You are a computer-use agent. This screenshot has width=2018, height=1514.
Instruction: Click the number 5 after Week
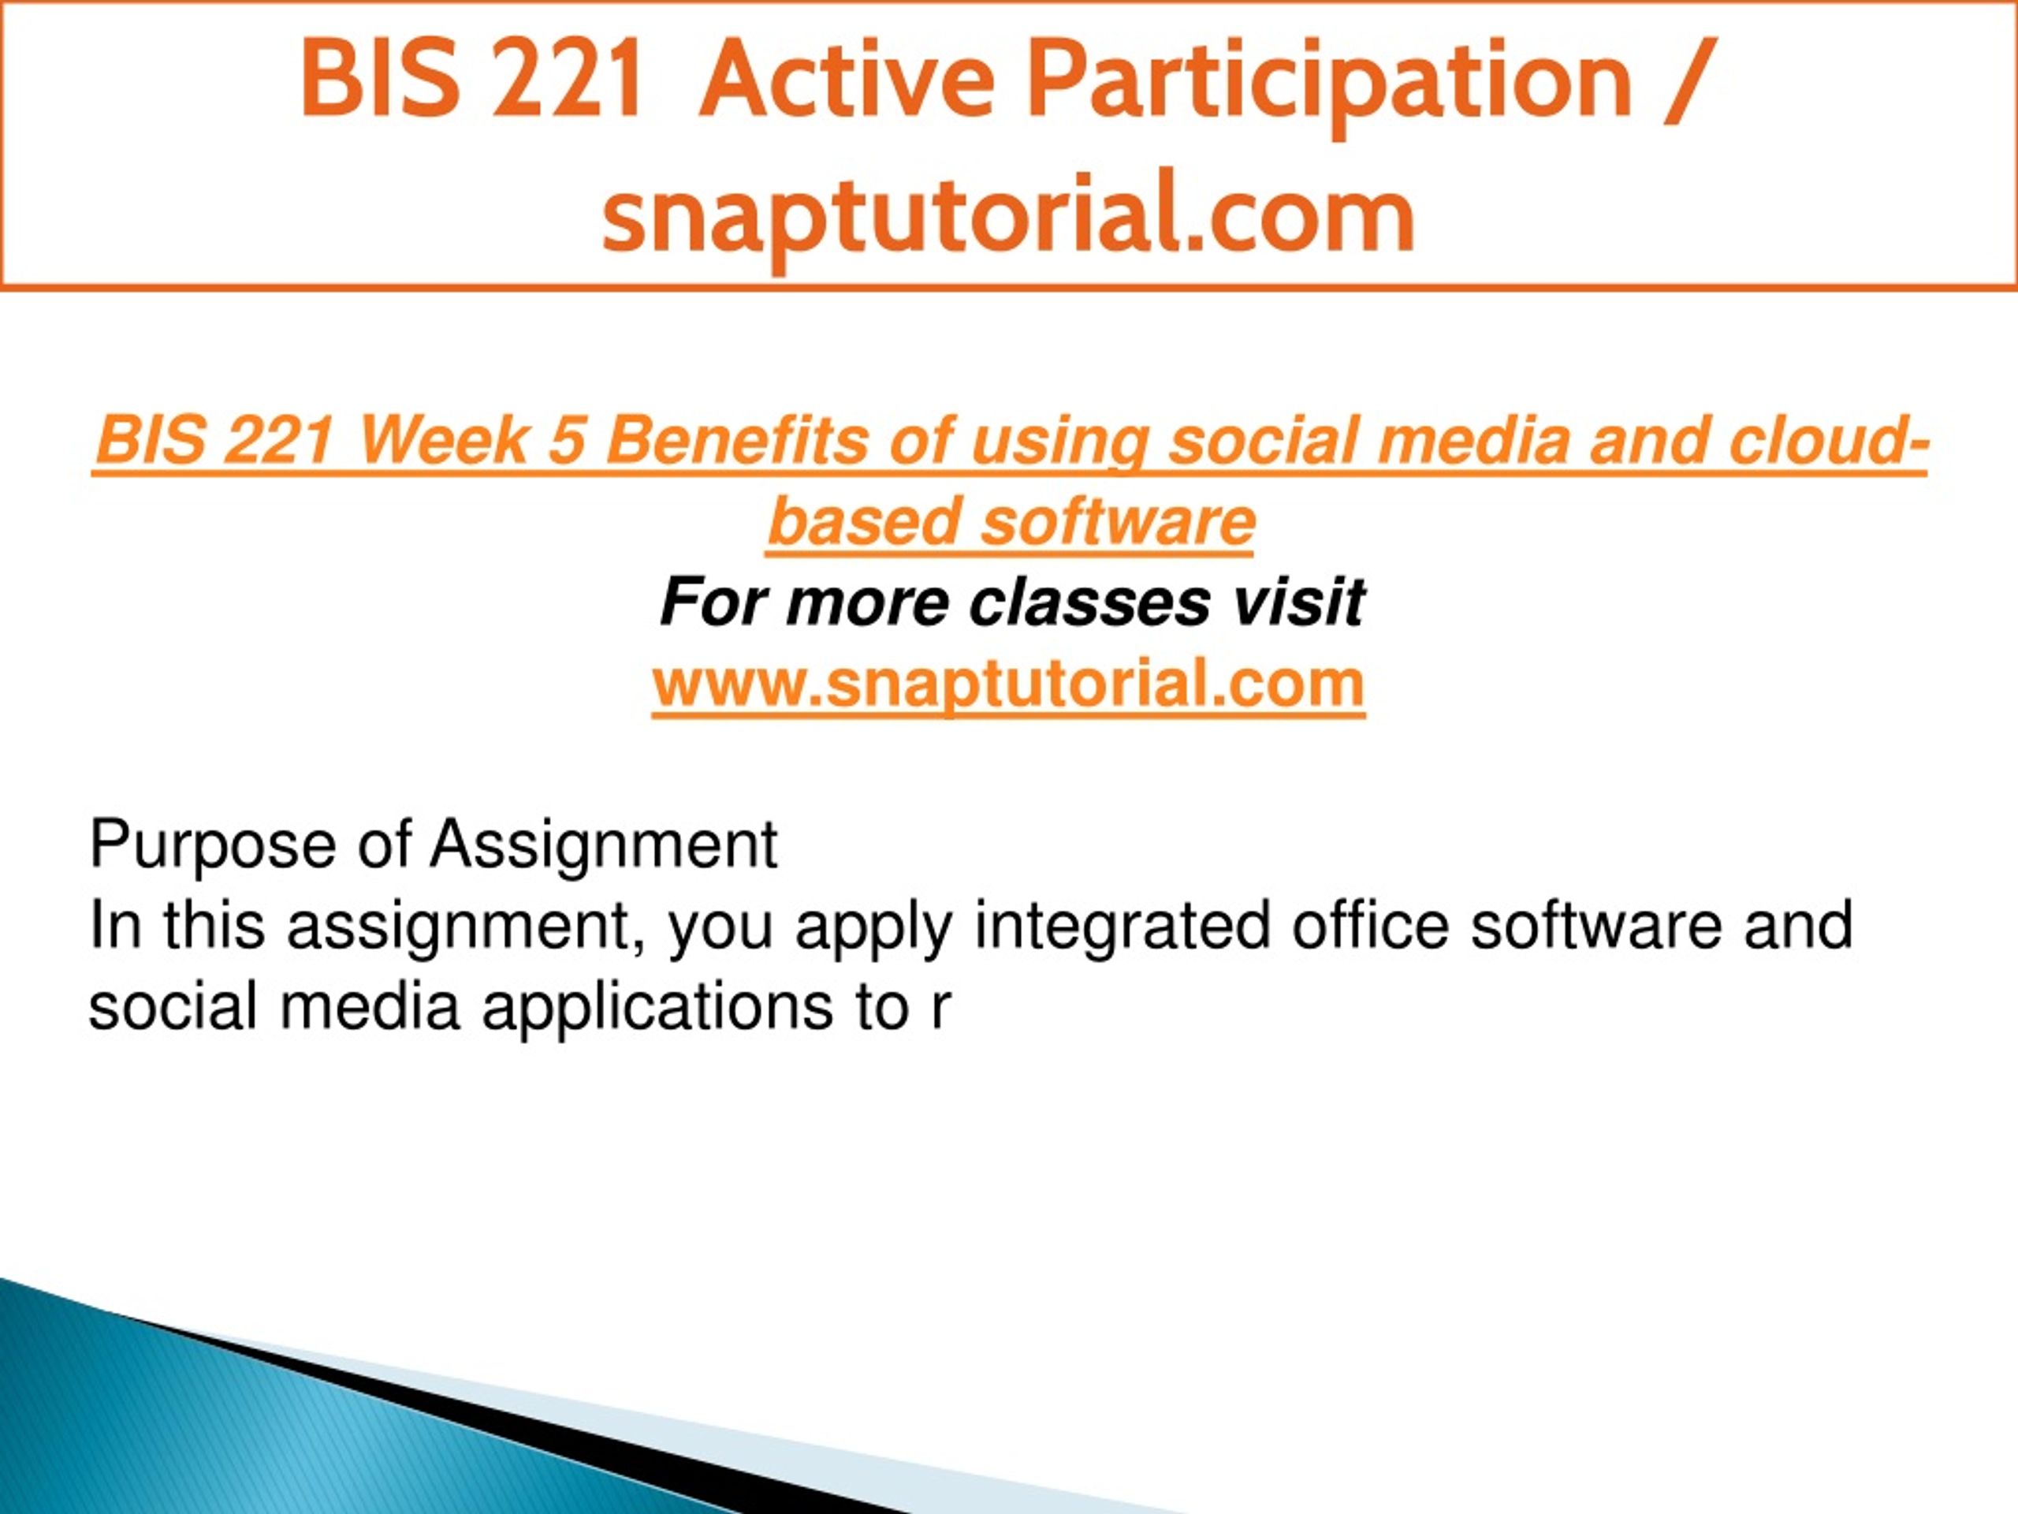tap(566, 440)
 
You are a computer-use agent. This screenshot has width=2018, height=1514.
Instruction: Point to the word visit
tap(1299, 602)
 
